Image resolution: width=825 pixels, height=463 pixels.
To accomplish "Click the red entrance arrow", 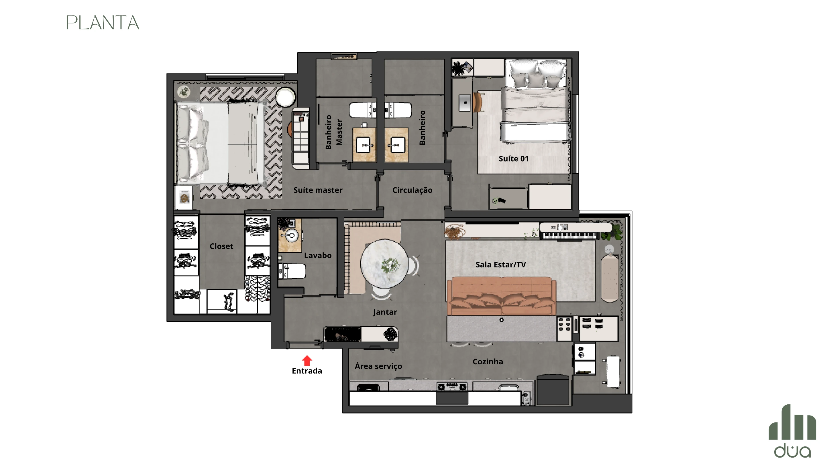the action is (307, 360).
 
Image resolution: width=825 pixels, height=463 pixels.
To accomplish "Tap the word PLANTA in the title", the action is (103, 23).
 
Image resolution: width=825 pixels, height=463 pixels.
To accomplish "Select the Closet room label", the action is (221, 246).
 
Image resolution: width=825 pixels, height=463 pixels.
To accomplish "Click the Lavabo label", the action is (318, 255).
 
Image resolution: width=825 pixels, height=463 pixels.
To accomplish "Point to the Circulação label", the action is (412, 190).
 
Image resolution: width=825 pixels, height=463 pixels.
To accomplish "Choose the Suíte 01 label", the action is (513, 159).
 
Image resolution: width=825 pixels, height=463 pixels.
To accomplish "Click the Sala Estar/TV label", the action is (500, 265).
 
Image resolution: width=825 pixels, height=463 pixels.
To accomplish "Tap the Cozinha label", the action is (488, 362).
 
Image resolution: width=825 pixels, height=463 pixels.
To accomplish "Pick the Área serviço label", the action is (378, 366).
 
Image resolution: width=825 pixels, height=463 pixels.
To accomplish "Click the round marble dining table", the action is (384, 263).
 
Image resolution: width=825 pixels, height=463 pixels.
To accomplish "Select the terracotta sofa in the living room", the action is (502, 296).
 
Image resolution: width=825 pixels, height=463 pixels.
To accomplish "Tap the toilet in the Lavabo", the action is (292, 271).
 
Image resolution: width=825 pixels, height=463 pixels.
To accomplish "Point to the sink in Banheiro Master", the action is (364, 145).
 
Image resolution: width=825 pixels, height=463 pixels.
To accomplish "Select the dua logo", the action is (792, 431).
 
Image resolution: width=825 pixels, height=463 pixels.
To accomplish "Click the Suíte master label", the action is (318, 190).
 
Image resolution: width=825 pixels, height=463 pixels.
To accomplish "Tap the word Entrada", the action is (307, 371).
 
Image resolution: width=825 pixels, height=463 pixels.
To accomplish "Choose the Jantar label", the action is (385, 312).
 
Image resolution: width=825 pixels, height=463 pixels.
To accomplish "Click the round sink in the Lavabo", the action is (291, 236).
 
